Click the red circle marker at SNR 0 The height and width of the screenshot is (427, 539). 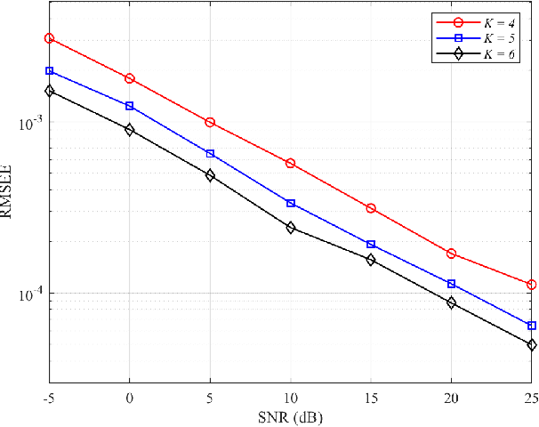pos(130,78)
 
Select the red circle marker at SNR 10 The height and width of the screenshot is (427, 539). pos(291,164)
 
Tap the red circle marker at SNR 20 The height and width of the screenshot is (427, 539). pos(451,254)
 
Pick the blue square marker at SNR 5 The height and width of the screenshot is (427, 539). pos(210,154)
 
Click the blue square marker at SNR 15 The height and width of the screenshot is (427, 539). pos(371,244)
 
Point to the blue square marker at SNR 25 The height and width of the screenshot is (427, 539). pos(532,326)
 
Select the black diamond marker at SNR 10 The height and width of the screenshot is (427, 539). pos(291,228)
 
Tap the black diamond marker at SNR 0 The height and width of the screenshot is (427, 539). pos(130,130)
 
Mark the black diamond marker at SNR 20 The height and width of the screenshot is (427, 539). pos(451,302)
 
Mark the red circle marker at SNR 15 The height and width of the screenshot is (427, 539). pos(371,208)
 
